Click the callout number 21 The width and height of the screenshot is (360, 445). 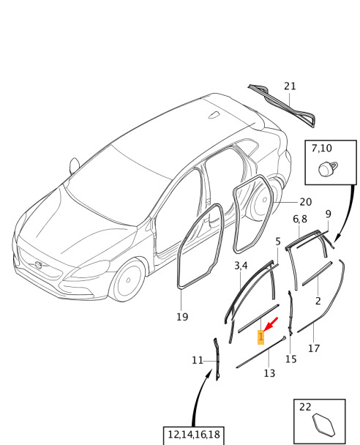pyautogui.click(x=290, y=86)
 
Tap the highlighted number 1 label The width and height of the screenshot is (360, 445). pyautogui.click(x=260, y=337)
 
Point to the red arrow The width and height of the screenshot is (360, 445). pyautogui.click(x=270, y=324)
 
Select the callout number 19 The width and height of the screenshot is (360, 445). pyautogui.click(x=182, y=317)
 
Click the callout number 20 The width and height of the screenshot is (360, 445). pyautogui.click(x=306, y=202)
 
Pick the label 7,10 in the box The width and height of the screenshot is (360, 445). pyautogui.click(x=321, y=148)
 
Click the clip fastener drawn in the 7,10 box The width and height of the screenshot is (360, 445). pyautogui.click(x=328, y=169)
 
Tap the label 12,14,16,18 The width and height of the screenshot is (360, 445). pyautogui.click(x=194, y=435)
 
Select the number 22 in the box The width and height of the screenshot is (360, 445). pyautogui.click(x=305, y=407)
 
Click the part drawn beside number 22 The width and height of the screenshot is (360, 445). pyautogui.click(x=323, y=425)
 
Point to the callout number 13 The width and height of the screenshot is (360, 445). pyautogui.click(x=269, y=373)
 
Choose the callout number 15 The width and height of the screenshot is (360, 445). pyautogui.click(x=291, y=359)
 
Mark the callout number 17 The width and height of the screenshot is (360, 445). pyautogui.click(x=314, y=348)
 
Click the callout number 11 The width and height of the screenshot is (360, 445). pyautogui.click(x=198, y=360)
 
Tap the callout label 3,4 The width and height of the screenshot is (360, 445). pyautogui.click(x=241, y=266)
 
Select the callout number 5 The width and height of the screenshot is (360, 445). pyautogui.click(x=278, y=242)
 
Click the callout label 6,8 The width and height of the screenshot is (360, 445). pyautogui.click(x=300, y=219)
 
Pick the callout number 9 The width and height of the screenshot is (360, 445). pyautogui.click(x=329, y=214)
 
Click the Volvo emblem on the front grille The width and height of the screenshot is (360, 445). pyautogui.click(x=38, y=265)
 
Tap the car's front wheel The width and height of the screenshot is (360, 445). pyautogui.click(x=128, y=280)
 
